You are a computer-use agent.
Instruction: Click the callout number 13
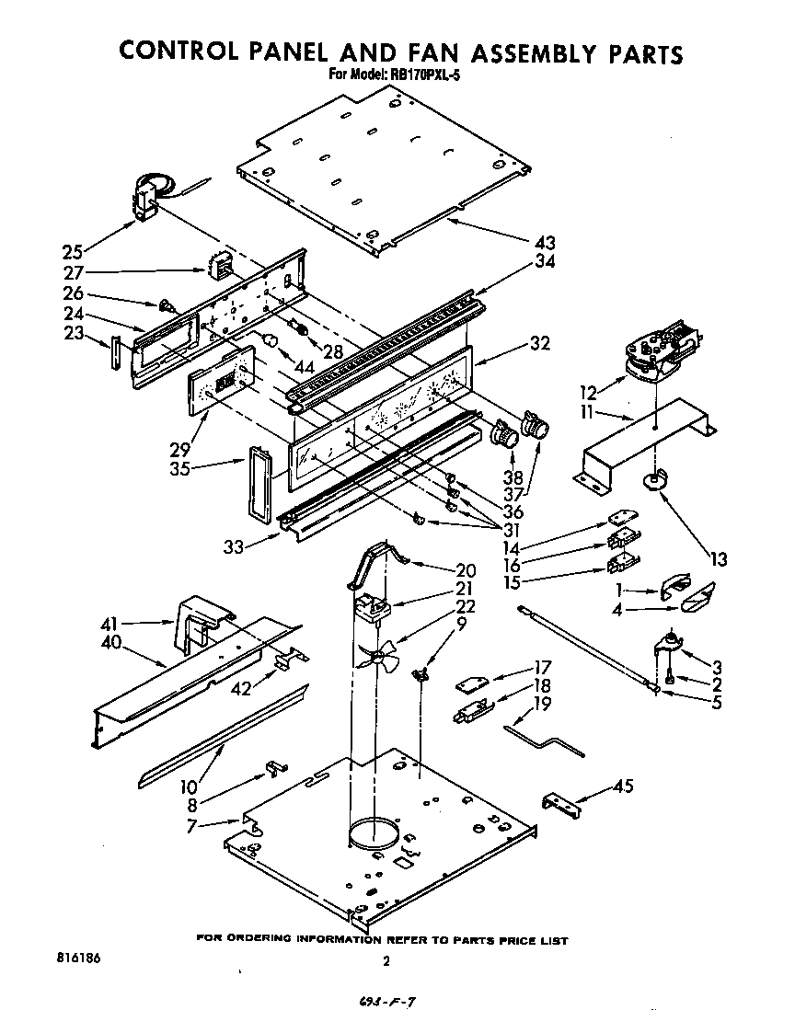coord(719,558)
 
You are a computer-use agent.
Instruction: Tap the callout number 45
coord(623,786)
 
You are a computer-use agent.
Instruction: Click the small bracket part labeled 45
coord(562,805)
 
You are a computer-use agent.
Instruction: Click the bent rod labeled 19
coord(544,740)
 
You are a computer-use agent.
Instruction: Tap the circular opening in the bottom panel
coord(374,833)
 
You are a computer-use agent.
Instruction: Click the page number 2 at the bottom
coord(386,962)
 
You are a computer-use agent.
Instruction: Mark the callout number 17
coord(542,669)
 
